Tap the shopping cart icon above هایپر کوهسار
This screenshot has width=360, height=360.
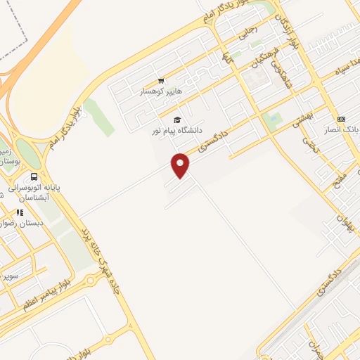(161, 81)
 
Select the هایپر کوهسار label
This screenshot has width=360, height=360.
(161, 92)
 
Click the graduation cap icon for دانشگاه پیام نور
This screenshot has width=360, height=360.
(176, 120)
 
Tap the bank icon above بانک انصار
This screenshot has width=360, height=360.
(341, 118)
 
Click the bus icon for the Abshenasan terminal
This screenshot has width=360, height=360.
(34, 177)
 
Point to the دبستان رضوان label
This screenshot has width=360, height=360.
(22, 222)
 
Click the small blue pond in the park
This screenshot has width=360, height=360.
(271, 119)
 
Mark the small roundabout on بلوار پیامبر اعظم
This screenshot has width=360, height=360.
(92, 280)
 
